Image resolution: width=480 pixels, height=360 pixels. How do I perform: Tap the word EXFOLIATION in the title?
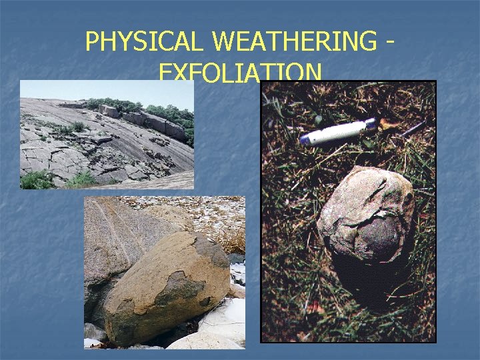tap(241, 72)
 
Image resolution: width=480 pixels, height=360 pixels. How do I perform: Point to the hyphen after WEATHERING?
tap(389, 42)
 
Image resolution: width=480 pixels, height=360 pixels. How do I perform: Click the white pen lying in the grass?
tap(337, 131)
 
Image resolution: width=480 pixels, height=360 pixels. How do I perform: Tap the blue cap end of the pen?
tap(369, 124)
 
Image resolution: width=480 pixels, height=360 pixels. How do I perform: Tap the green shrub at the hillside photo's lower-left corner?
tap(37, 179)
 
